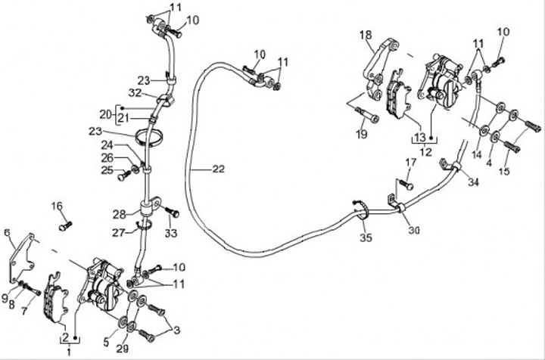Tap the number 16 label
[x=57, y=206]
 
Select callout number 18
[x=366, y=35]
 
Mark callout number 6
[x=8, y=233]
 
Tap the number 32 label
[x=135, y=93]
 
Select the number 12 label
[x=425, y=151]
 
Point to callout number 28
[x=118, y=215]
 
